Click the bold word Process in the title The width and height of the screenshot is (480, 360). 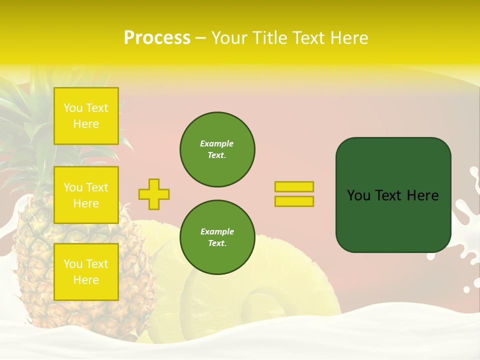pyautogui.click(x=157, y=38)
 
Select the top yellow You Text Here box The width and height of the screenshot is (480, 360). pyautogui.click(x=86, y=116)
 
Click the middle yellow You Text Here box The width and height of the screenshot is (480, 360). pyautogui.click(x=86, y=195)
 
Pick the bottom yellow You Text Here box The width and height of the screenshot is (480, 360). pyautogui.click(x=86, y=271)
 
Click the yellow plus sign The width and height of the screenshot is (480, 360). pyautogui.click(x=153, y=194)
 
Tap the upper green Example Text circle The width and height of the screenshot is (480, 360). pyautogui.click(x=217, y=149)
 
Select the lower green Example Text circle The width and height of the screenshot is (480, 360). pyautogui.click(x=217, y=237)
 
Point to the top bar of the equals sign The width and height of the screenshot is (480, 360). pyautogui.click(x=294, y=186)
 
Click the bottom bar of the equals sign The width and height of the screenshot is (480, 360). pyautogui.click(x=294, y=201)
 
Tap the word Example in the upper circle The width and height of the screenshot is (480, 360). pyautogui.click(x=216, y=143)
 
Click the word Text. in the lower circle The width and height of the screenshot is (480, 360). pyautogui.click(x=217, y=243)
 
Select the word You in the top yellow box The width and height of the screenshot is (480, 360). pyautogui.click(x=73, y=108)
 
